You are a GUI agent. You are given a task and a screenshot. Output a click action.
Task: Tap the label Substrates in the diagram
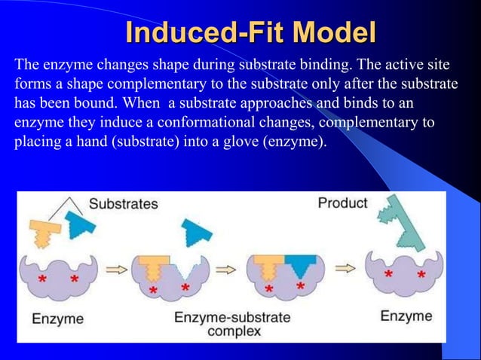[x=124, y=203]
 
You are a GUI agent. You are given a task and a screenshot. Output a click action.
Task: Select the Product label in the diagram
[x=342, y=203]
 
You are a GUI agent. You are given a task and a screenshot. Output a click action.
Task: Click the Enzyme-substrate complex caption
[x=231, y=324]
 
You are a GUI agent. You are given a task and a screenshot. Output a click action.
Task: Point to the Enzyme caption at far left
[x=57, y=318]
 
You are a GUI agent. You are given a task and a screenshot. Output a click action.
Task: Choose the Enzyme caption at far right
[x=406, y=316]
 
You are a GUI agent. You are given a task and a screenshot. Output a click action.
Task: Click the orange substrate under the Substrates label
[x=47, y=229]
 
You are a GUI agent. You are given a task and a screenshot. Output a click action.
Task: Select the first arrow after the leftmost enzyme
[x=116, y=270]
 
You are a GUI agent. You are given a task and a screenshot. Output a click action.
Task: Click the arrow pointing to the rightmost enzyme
[x=345, y=267]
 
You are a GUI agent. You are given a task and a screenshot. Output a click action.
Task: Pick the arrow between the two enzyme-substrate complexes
[x=227, y=269]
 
